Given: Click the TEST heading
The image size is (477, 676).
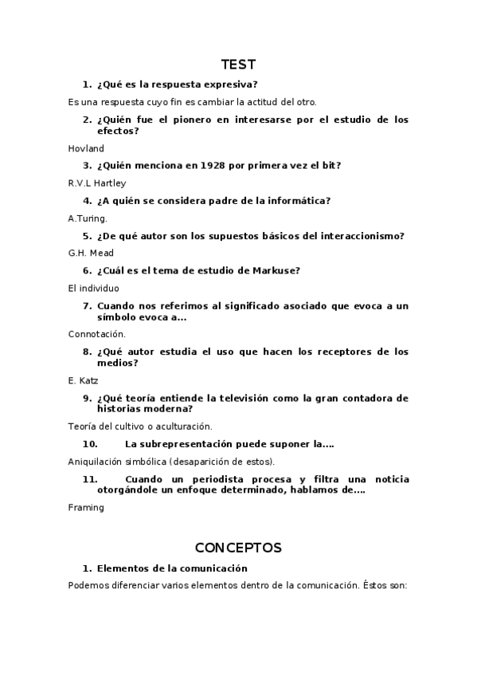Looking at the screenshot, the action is click(238, 65).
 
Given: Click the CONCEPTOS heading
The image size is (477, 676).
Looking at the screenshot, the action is click(238, 548).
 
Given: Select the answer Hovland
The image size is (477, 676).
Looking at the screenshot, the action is click(86, 148).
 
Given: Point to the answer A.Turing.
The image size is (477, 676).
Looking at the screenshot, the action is click(88, 218).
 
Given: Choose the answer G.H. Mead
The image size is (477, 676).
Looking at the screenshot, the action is click(91, 253).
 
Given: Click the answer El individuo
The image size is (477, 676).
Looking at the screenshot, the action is click(93, 288).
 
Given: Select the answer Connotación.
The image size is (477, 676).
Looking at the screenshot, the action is click(97, 334).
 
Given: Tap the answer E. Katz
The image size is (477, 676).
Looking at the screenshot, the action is click(84, 380).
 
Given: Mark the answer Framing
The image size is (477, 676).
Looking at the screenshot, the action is click(86, 507).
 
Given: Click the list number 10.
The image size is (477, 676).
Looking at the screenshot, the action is click(90, 444).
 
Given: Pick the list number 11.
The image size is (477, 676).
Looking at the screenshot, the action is click(89, 479).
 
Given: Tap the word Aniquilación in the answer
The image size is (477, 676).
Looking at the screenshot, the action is click(96, 462).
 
